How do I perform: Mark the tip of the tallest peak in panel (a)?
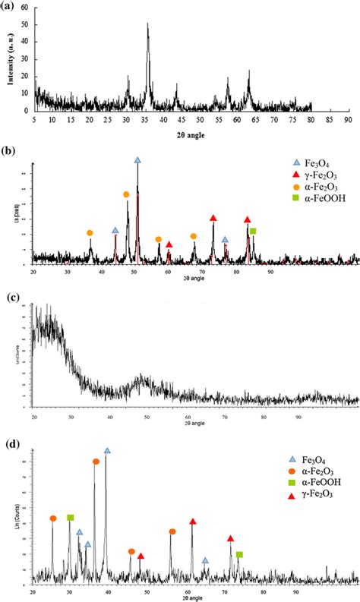147,24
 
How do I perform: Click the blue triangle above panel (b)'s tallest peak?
137,160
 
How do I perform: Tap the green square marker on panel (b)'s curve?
253,231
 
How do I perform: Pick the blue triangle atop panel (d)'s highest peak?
106,451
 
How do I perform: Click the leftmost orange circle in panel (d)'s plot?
53,518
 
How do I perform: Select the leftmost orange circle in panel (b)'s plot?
90,233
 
